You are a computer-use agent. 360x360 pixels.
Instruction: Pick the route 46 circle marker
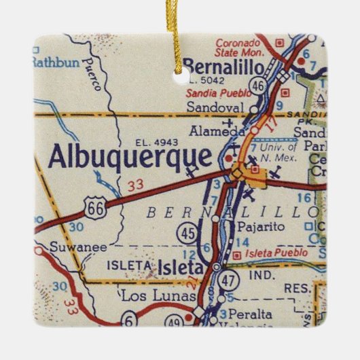(257, 85)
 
